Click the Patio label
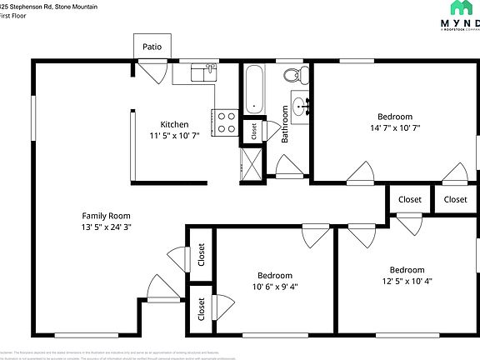click(152, 47)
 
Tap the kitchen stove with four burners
click(227, 122)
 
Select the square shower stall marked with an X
click(249, 159)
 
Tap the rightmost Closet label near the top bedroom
click(455, 199)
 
